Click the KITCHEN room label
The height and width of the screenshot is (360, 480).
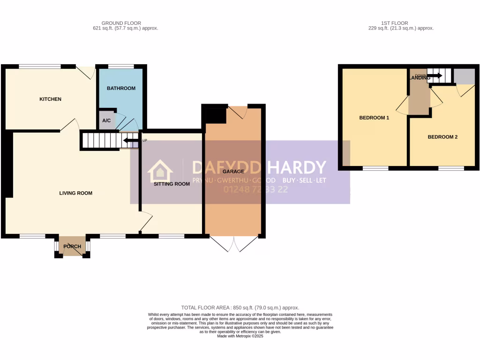[x=50, y=99]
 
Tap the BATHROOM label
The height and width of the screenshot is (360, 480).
[x=121, y=88]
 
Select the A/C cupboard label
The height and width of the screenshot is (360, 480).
[x=106, y=120]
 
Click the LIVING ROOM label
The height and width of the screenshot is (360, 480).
[x=75, y=193]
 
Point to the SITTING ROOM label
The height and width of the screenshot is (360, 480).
[x=172, y=184]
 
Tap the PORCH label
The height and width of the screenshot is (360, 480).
[x=72, y=247]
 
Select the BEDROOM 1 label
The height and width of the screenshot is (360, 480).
[x=374, y=118]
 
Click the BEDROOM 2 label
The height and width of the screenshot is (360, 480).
[x=442, y=137]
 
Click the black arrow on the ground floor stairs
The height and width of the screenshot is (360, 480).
[x=130, y=140]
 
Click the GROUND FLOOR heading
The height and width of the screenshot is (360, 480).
[x=121, y=23]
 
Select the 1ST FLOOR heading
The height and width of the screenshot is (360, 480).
[x=395, y=23]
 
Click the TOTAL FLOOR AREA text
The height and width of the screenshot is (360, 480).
[x=240, y=307]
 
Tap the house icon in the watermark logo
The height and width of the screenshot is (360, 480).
[x=160, y=172]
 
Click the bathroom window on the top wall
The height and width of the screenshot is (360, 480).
[x=121, y=67]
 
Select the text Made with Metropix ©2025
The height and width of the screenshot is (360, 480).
[x=240, y=336]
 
